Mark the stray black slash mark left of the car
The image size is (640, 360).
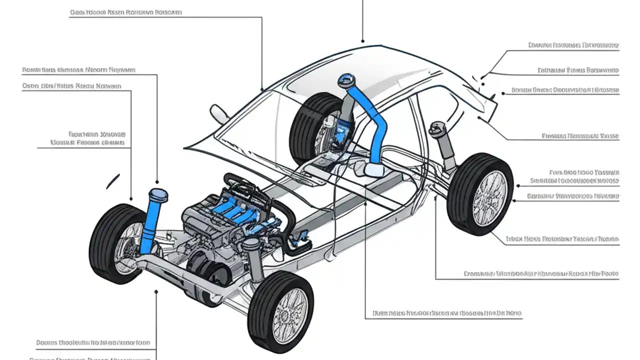coord(113,181)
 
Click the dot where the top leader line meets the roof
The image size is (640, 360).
coord(363,41)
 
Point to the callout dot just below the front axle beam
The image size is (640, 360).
coord(156,291)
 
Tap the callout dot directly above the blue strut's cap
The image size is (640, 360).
coord(158,182)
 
